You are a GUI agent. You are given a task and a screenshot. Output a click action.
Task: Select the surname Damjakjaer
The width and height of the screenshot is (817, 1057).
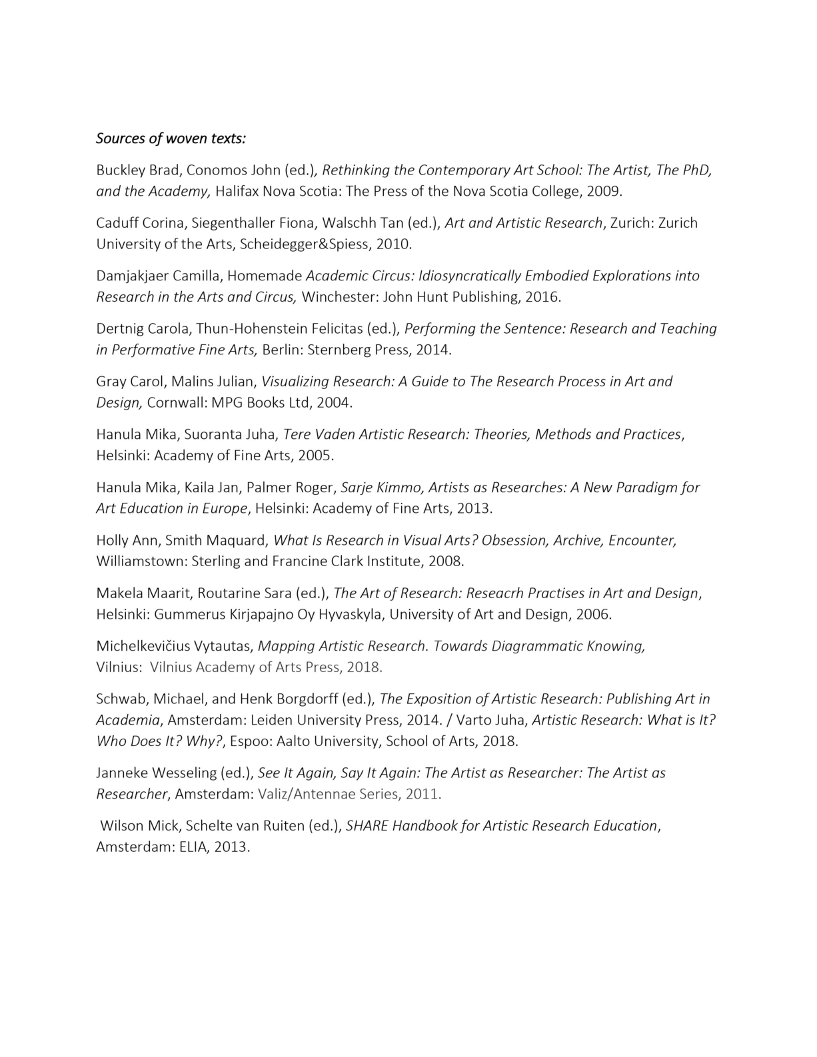pos(132,276)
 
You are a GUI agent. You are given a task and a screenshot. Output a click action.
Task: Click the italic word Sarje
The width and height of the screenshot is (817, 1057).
pos(358,488)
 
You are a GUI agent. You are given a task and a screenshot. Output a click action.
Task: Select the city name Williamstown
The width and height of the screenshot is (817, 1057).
pos(141,561)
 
